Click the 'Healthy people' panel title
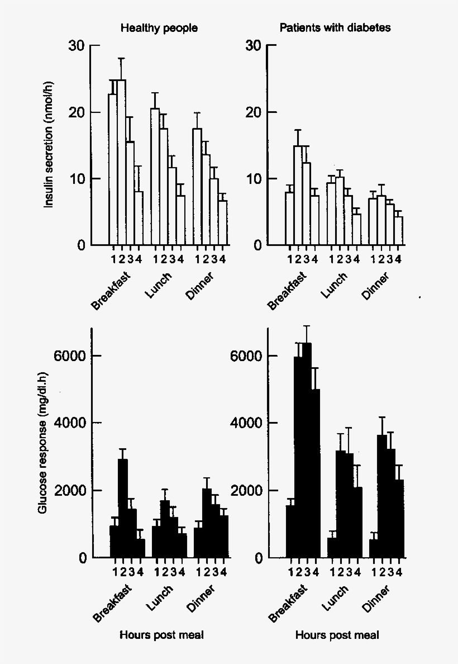(159, 29)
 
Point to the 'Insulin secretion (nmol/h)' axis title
(49, 145)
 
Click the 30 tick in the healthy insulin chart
(77, 46)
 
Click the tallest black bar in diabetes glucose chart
(307, 447)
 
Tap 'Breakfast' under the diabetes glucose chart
(288, 604)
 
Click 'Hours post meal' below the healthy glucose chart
(162, 635)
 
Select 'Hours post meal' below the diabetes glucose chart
(337, 635)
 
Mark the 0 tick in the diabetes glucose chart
(257, 558)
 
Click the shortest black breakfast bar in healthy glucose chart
(140, 548)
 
